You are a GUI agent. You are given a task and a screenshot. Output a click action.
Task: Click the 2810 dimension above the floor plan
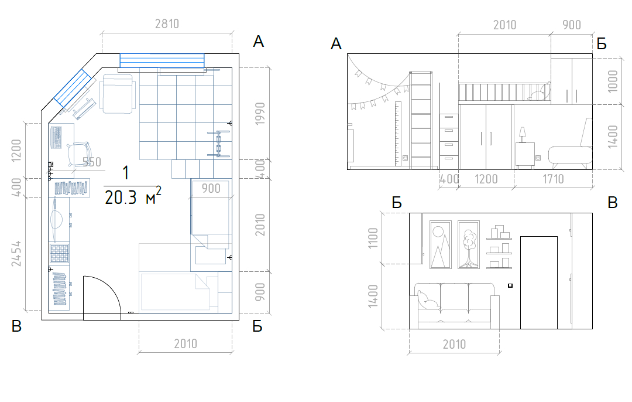tap(167, 24)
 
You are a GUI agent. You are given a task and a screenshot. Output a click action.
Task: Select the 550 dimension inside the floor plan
tap(91, 162)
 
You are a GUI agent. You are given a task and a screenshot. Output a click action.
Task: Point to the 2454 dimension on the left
tap(16, 254)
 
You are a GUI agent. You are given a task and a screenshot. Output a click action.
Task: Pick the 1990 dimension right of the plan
tap(260, 114)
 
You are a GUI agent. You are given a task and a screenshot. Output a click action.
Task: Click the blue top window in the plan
tap(162, 60)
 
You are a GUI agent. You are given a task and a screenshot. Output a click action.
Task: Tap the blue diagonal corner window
tap(73, 88)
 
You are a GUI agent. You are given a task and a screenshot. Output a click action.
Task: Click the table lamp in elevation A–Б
tap(523, 134)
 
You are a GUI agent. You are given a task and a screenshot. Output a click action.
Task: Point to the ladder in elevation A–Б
tap(421, 120)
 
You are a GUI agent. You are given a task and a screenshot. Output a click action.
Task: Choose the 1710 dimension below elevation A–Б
tap(553, 179)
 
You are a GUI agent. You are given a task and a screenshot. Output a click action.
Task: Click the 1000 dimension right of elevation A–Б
tap(613, 81)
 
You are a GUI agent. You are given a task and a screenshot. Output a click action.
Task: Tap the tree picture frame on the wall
tap(469, 244)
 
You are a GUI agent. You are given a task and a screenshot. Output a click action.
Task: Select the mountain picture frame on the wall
tap(441, 244)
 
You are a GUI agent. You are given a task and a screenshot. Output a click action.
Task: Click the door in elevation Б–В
tap(539, 282)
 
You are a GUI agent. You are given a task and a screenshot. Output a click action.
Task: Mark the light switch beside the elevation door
tap(510, 286)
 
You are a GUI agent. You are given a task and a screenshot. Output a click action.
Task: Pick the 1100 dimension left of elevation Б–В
tap(373, 238)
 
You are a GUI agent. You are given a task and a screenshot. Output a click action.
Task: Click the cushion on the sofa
tap(427, 301)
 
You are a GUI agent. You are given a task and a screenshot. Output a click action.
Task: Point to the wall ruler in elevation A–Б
tap(399, 134)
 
